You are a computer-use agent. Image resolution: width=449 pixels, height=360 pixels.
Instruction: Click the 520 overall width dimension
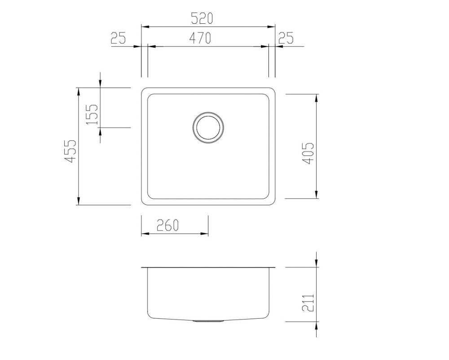[202, 18]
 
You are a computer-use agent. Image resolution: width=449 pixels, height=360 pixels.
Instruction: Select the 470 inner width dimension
[200, 39]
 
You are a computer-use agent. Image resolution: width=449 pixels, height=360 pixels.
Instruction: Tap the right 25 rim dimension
[286, 39]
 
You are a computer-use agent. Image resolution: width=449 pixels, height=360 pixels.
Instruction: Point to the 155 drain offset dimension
[92, 114]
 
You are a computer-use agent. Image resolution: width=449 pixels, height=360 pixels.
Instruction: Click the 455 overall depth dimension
[70, 151]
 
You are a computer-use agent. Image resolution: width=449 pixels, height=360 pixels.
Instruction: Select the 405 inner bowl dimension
[308, 153]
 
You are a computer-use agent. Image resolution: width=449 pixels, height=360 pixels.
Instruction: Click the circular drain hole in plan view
[208, 127]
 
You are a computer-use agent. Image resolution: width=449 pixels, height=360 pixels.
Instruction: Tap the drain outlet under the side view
[208, 321]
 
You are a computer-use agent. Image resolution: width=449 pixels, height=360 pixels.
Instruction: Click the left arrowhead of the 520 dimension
[144, 27]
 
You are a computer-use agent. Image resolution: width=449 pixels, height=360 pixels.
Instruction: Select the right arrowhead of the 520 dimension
[272, 27]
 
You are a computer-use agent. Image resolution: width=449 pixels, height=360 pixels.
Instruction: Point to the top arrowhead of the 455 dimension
[79, 91]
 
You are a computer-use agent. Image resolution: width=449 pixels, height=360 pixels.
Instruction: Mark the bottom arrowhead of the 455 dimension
[79, 201]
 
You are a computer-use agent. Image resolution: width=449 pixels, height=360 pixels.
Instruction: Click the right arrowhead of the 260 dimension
[205, 234]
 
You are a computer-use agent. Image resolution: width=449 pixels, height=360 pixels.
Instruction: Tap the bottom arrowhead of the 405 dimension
[317, 195]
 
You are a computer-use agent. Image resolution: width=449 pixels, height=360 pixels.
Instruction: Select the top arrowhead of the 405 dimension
[317, 98]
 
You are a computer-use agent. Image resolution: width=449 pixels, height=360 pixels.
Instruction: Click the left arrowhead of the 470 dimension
[151, 46]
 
